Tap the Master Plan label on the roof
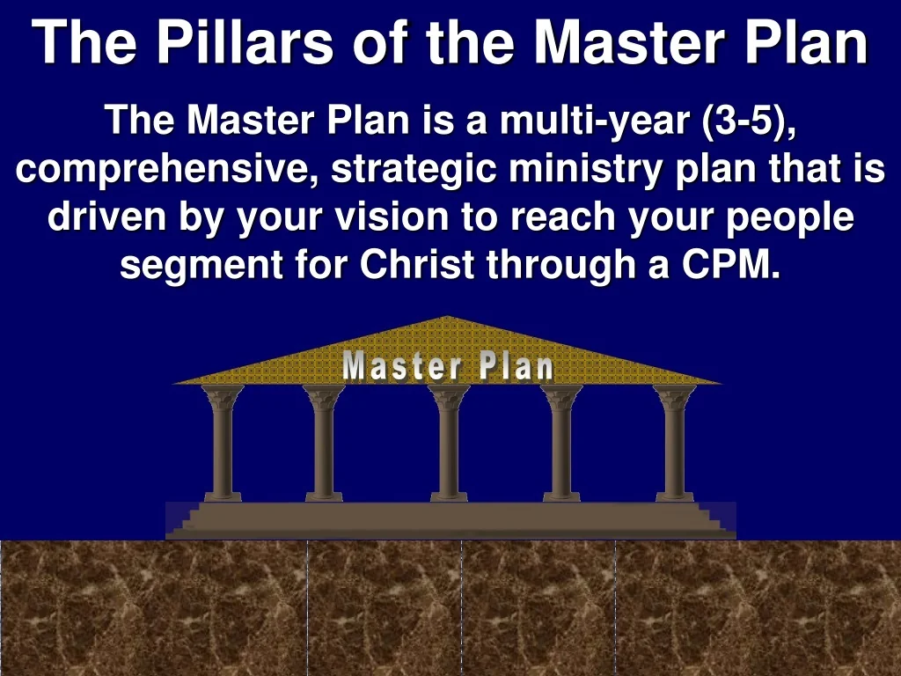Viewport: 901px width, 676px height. (x=448, y=367)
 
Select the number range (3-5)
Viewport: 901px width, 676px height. (x=751, y=121)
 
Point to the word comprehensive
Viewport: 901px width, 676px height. (x=167, y=169)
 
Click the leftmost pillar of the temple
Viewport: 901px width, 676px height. (x=223, y=445)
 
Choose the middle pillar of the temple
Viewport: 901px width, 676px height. (x=449, y=445)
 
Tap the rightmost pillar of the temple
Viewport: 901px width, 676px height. (x=675, y=445)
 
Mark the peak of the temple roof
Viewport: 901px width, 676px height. (x=448, y=320)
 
